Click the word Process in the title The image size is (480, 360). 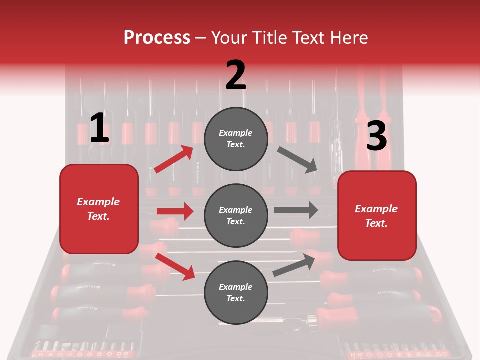(x=157, y=38)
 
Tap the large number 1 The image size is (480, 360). (x=99, y=128)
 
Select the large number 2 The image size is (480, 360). (x=236, y=75)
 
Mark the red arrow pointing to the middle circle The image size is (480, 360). (x=175, y=211)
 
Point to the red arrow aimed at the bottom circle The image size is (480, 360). (x=175, y=266)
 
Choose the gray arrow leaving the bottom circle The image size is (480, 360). (x=294, y=265)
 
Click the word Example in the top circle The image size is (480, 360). (x=236, y=133)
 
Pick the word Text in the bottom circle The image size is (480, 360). (x=235, y=298)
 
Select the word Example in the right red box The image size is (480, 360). (x=376, y=209)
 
